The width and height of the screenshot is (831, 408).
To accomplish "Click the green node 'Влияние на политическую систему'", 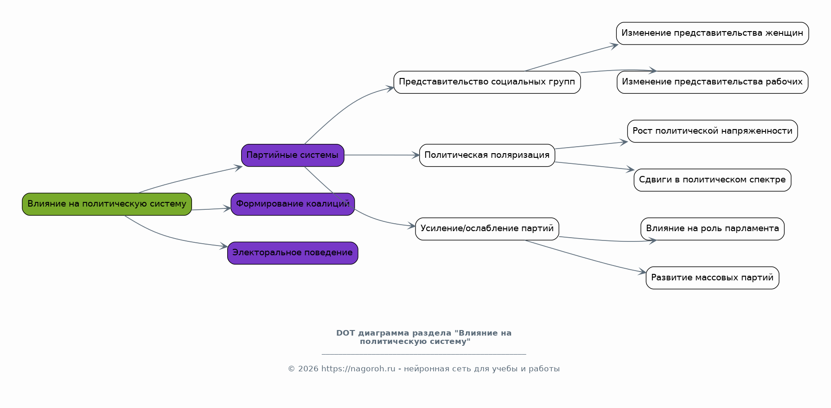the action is coord(107,204).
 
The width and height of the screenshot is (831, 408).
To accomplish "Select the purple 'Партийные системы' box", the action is coord(293,155).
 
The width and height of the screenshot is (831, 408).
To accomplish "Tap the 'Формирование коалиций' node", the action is coord(293,204).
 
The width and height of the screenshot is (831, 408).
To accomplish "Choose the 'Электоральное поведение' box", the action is coord(293,253).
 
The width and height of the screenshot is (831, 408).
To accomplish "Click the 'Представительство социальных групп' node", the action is coord(487,82).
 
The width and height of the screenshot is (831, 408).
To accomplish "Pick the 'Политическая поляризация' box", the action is coord(487,155).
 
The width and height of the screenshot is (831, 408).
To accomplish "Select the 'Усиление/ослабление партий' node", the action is coord(487,229).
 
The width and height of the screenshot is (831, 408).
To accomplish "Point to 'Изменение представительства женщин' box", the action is coord(712,33).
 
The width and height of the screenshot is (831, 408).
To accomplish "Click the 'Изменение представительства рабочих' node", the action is coord(712,82).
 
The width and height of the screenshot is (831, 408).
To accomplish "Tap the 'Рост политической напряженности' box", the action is coord(712,131).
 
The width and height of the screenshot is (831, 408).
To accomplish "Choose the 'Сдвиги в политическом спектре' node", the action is coord(712,180).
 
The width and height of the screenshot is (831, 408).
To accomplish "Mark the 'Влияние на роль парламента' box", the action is coord(712,229).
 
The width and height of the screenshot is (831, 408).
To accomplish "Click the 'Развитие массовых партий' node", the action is coord(712,278).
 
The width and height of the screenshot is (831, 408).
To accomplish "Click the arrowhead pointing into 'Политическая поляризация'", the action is coord(415,155).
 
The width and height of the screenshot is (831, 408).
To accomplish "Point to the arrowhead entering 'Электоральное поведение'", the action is coord(224,246).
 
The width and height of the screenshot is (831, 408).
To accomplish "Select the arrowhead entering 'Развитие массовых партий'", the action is coord(642,272).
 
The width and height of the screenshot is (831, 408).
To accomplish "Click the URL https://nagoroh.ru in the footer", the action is coord(358,369).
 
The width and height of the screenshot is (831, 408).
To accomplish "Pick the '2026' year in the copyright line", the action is coord(308,369).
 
